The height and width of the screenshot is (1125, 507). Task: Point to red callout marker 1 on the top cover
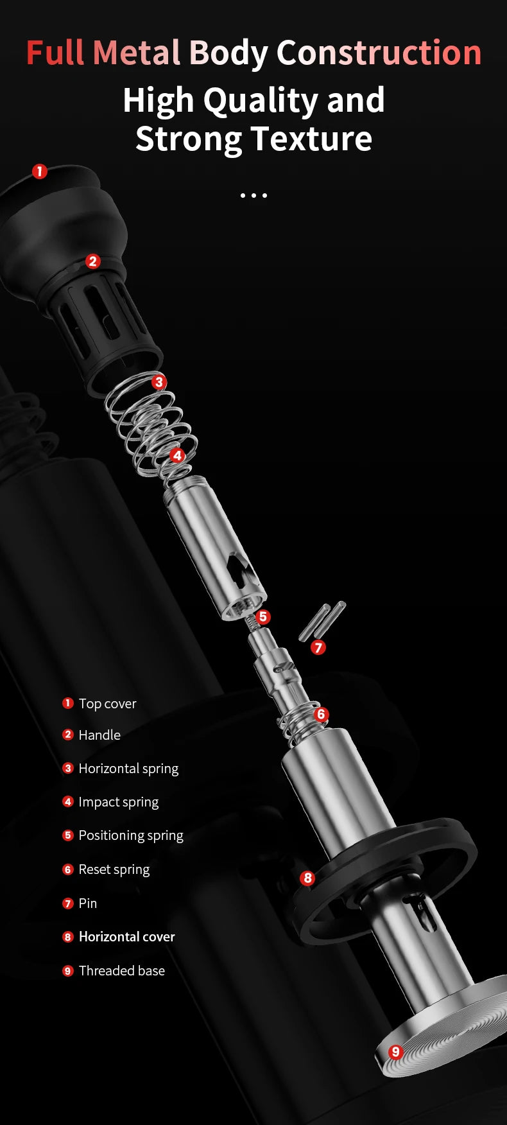(40, 171)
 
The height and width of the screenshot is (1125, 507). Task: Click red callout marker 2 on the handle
(93, 261)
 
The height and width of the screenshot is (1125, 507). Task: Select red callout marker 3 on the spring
(159, 382)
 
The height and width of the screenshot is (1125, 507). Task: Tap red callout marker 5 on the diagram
(263, 617)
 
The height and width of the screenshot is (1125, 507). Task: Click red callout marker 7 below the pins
(318, 647)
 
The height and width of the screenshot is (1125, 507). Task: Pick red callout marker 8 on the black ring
(307, 878)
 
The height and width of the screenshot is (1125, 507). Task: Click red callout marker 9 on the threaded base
(395, 1052)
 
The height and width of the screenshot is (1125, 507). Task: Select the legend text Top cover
(108, 704)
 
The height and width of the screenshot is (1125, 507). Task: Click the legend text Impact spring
(119, 802)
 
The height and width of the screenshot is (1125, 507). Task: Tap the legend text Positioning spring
(131, 835)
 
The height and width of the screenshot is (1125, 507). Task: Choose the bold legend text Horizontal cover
(127, 937)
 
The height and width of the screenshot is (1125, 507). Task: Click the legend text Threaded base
(122, 971)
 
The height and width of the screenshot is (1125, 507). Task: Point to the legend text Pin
(88, 903)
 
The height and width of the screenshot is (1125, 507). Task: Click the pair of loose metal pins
(322, 620)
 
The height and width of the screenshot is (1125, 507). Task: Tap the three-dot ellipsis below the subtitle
(253, 195)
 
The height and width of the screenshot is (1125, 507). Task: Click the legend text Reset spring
(114, 869)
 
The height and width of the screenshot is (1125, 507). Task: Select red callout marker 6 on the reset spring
(322, 714)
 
